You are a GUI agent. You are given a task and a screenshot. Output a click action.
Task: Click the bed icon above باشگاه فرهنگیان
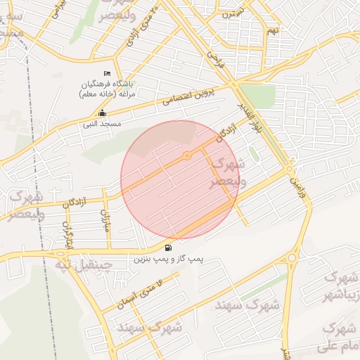[107, 74]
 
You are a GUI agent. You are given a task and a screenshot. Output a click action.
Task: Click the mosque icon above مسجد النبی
[102, 113]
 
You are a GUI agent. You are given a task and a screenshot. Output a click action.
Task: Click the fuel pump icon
[167, 247]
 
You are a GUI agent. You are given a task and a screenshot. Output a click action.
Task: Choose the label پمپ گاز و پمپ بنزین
[168, 259]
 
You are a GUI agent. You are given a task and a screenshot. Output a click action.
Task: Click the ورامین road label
[297, 185]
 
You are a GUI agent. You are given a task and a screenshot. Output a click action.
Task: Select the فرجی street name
[214, 60]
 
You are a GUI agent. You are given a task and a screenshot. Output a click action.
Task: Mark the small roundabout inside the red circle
[187, 155]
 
